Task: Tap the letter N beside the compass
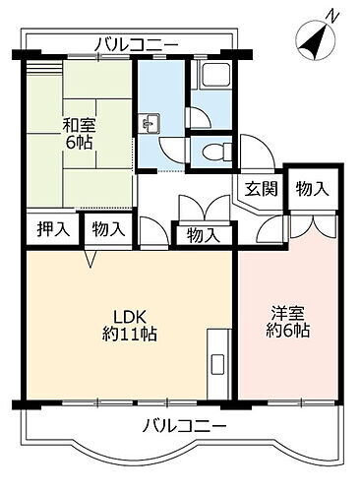click(x=335, y=14)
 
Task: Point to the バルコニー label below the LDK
click(x=184, y=425)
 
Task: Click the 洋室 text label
click(x=288, y=314)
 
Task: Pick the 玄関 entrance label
click(x=260, y=189)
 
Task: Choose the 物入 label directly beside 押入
click(x=108, y=229)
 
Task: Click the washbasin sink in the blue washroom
click(x=151, y=124)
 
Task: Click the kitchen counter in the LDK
click(x=216, y=364)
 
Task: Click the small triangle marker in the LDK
click(x=90, y=260)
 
